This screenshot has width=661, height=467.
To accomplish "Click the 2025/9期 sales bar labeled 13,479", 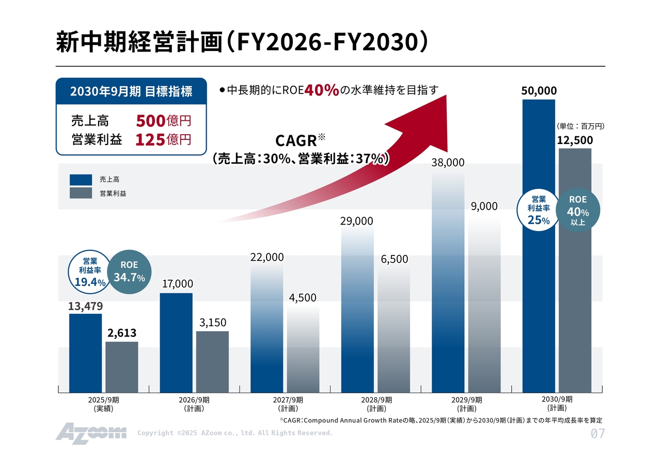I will [x=85, y=353].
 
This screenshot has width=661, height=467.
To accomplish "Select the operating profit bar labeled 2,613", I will [x=121, y=367].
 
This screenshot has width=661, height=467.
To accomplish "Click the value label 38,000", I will [x=448, y=163].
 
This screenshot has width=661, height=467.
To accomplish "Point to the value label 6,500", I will [x=395, y=259].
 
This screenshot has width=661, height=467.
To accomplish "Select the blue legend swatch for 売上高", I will [x=81, y=180].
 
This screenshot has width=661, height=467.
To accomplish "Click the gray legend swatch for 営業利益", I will [x=81, y=193].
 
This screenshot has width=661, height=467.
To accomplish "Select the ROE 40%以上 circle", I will [x=578, y=210].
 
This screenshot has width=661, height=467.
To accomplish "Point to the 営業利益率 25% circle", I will [x=539, y=211].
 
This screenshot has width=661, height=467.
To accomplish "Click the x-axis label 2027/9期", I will [x=288, y=404].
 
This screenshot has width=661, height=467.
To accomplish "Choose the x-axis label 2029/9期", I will [x=467, y=404].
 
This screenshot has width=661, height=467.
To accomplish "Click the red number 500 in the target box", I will [x=150, y=121].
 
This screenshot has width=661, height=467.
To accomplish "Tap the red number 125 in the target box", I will [x=150, y=139].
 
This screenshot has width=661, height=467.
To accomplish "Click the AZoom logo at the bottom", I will [x=91, y=432].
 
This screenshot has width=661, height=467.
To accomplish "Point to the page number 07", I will [x=597, y=433].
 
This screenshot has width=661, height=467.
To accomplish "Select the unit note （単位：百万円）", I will [x=580, y=126].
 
